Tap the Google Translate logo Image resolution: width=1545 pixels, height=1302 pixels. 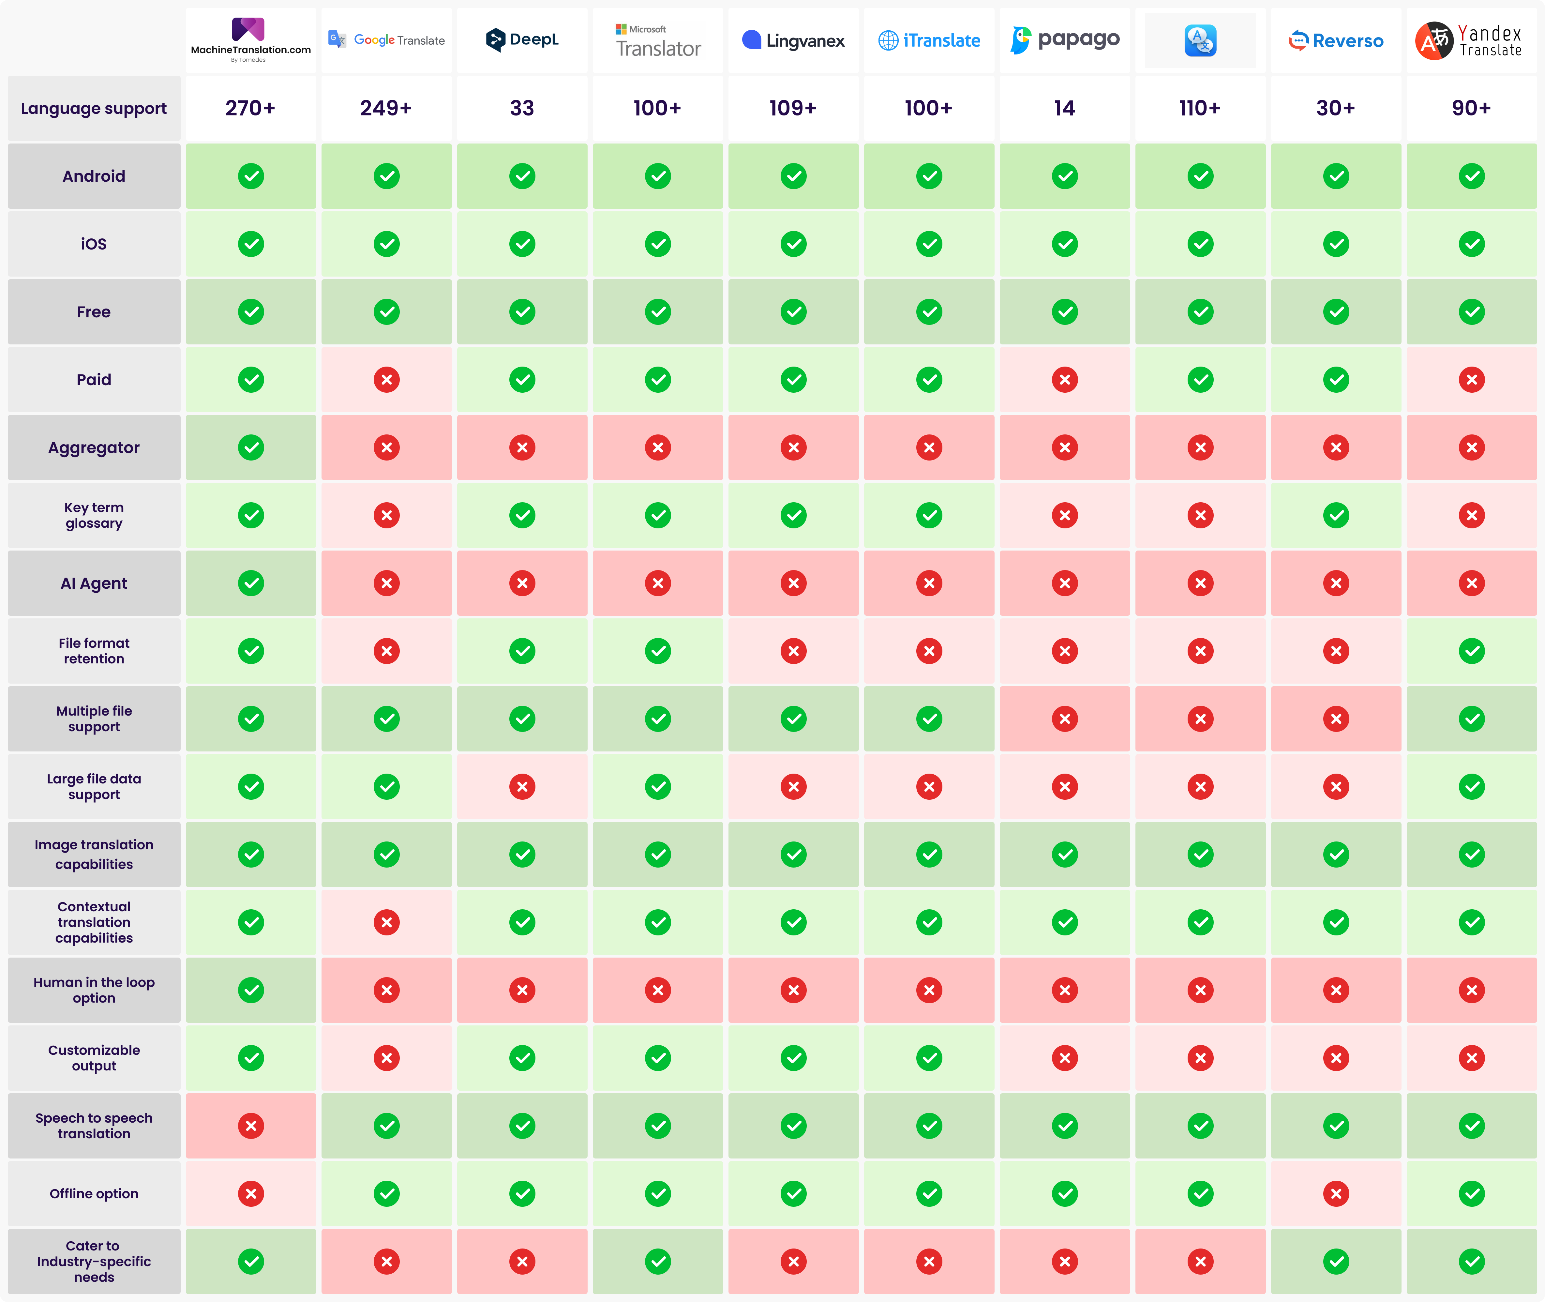pos(387,40)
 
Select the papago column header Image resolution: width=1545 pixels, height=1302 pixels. pos(1065,40)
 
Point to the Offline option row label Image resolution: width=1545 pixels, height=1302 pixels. pos(94,1193)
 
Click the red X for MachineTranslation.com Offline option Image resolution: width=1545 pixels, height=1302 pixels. pos(251,1193)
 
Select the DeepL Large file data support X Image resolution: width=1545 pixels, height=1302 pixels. pos(522,787)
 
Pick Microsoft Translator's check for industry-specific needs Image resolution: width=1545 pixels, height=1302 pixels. pos(658,1262)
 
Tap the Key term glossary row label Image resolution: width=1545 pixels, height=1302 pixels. pos(94,515)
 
